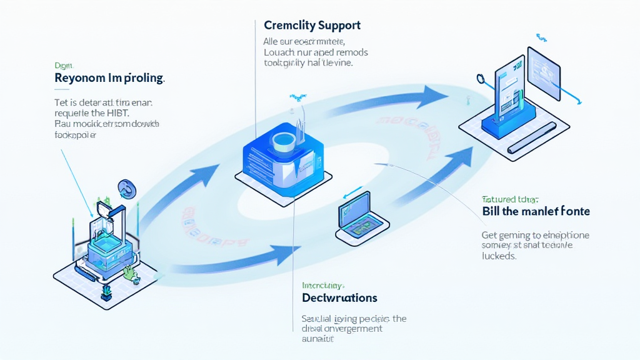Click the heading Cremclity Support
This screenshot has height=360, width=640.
(x=312, y=26)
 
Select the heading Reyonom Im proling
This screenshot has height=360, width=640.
(x=109, y=79)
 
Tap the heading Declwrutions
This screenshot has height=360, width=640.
(x=339, y=297)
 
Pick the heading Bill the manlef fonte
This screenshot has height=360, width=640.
(x=536, y=211)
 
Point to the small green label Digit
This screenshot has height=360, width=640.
(x=64, y=64)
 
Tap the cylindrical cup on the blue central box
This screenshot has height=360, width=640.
(x=284, y=141)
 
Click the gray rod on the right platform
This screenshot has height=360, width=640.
(x=532, y=138)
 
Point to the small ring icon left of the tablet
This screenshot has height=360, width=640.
(x=481, y=79)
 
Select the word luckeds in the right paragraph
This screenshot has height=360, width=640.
(x=499, y=256)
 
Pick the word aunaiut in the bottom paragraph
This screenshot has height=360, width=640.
(x=317, y=339)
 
